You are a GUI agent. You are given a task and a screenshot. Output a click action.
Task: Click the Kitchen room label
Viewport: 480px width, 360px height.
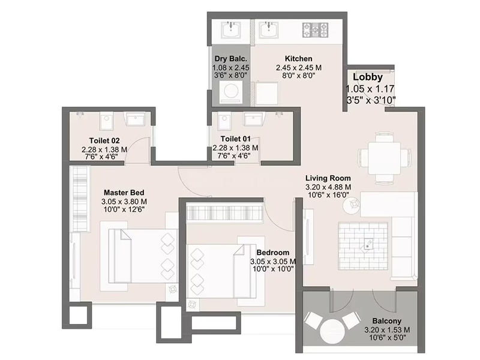pos(298,58)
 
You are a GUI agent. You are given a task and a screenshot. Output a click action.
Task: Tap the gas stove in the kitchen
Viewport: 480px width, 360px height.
pos(316,30)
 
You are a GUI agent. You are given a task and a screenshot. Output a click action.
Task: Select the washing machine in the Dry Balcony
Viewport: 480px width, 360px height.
pos(231,91)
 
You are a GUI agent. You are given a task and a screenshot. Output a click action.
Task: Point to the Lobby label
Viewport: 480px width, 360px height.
pos(368,77)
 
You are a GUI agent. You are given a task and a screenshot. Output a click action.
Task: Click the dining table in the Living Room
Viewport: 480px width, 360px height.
pos(385,158)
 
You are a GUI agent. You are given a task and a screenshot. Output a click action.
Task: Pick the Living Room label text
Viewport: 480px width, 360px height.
pos(328,178)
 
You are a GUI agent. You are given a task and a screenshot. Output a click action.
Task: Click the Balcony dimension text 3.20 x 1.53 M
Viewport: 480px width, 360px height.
pos(387,329)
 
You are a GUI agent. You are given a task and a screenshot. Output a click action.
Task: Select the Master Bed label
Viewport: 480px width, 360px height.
pos(124,193)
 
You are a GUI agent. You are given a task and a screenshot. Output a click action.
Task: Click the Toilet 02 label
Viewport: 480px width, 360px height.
pos(104,141)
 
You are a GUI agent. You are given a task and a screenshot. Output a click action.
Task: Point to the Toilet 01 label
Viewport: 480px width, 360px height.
pos(235,139)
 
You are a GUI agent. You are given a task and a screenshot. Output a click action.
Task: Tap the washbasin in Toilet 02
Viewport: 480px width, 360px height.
pos(136,119)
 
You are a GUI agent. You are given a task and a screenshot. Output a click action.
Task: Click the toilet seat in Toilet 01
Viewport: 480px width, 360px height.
pos(224,121)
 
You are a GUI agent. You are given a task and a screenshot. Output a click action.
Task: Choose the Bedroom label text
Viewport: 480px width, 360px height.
pos(273,253)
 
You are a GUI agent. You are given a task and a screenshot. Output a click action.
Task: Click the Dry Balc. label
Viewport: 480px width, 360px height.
pos(231,59)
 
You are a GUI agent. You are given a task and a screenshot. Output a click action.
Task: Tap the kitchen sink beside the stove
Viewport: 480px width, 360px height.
pos(269,29)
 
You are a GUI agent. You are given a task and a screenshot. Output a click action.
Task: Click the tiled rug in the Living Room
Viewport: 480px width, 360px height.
pos(363,246)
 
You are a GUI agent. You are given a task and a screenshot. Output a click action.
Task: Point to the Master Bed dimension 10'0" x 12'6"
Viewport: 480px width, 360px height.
pos(124,209)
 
